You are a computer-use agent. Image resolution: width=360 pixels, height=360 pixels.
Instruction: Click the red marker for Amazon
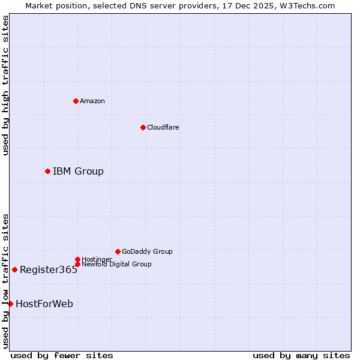(x=76, y=101)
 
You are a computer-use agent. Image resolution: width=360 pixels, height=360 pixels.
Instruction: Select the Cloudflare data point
(x=143, y=127)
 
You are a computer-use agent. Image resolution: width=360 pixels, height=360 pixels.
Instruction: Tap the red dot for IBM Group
(x=47, y=172)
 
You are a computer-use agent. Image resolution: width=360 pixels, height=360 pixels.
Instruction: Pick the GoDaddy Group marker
(x=118, y=251)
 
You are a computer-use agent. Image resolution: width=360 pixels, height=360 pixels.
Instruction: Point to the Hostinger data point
(x=77, y=259)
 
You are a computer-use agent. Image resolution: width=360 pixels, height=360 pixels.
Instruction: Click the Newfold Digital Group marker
(x=77, y=264)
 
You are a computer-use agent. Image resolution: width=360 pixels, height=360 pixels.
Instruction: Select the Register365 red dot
(x=14, y=269)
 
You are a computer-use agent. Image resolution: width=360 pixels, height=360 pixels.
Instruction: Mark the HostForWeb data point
(x=10, y=304)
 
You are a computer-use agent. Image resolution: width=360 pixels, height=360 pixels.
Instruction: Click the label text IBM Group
(x=78, y=172)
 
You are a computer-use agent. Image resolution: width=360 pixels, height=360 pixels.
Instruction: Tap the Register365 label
(x=49, y=270)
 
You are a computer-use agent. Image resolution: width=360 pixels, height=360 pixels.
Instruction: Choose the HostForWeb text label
(x=44, y=304)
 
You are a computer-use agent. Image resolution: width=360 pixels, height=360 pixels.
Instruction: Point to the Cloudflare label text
(x=163, y=127)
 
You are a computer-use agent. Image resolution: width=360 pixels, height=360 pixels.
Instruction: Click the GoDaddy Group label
(x=147, y=252)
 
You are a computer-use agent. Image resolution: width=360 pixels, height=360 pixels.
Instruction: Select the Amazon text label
(x=92, y=101)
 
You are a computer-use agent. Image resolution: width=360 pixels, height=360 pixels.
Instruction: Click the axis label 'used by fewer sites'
(x=62, y=356)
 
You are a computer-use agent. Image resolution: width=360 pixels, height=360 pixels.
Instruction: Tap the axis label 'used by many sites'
(x=301, y=356)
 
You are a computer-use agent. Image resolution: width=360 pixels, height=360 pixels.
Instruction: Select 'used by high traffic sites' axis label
(x=6, y=85)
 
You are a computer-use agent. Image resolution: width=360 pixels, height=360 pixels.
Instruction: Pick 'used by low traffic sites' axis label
(x=6, y=281)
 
